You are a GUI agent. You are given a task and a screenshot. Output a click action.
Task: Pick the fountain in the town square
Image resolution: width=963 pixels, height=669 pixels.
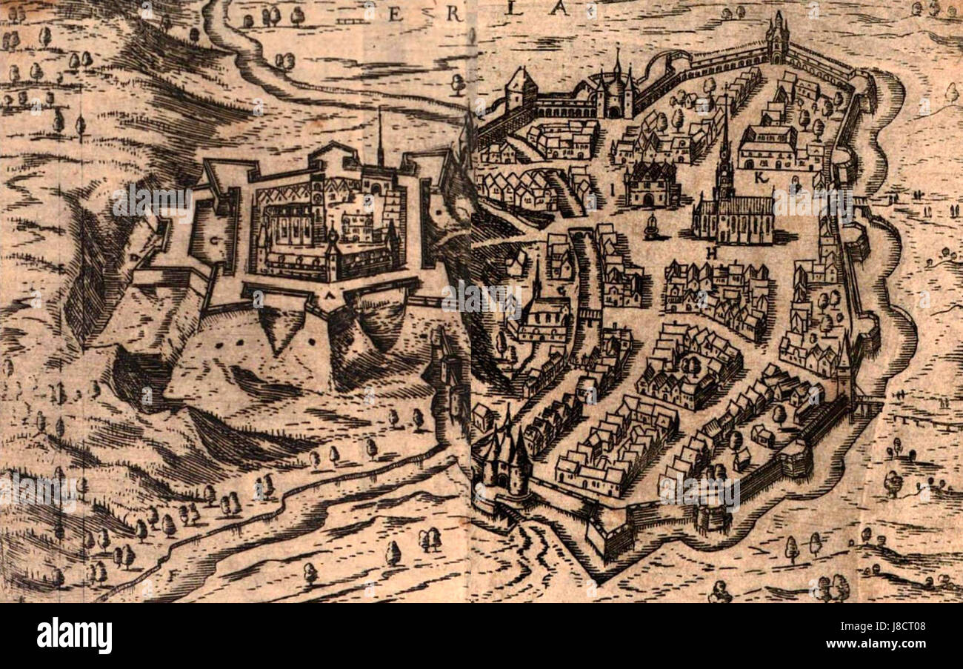[653, 227]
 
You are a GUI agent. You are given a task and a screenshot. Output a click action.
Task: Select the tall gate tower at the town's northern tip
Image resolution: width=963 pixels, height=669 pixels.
[777, 39]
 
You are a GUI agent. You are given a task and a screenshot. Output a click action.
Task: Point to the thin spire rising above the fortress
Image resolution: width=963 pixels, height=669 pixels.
[380, 137]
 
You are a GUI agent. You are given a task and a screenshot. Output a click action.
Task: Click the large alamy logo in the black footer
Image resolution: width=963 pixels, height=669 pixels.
[74, 636]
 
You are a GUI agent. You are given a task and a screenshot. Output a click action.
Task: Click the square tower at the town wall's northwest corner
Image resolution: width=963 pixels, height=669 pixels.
[521, 88]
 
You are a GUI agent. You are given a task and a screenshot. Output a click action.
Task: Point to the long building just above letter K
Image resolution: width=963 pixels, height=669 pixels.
[767, 146]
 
